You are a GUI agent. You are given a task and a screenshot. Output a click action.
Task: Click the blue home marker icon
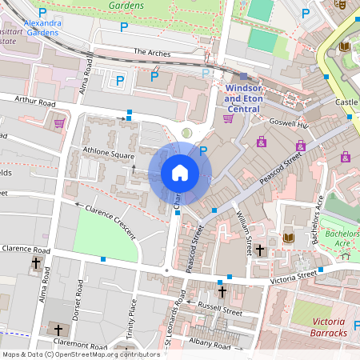(180, 173)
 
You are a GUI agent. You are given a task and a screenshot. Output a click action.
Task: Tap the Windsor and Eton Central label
(243, 98)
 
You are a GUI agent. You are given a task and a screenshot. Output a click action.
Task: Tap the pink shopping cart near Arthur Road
(59, 123)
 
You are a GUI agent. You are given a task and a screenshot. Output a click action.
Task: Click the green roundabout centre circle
(187, 132)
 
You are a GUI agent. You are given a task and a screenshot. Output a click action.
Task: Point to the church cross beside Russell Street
(222, 292)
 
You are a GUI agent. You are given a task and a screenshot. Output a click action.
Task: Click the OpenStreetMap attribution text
(80, 354)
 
